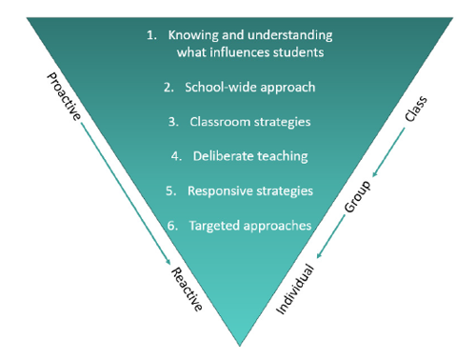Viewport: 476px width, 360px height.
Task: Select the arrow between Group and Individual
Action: [328, 239]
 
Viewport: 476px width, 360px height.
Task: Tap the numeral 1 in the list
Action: [150, 35]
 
